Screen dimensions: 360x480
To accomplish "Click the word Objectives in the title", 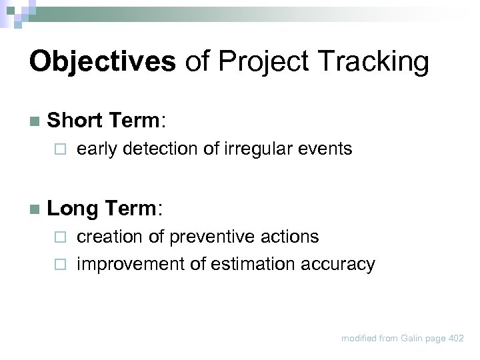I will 103,62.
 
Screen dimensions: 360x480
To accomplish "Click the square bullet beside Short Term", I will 35,122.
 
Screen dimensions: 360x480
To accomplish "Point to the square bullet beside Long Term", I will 35,209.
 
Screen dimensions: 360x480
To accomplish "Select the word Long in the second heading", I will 72,209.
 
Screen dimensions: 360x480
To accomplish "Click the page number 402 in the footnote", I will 456,339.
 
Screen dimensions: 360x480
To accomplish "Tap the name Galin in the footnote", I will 413,339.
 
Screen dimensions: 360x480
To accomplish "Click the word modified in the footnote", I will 359,339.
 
